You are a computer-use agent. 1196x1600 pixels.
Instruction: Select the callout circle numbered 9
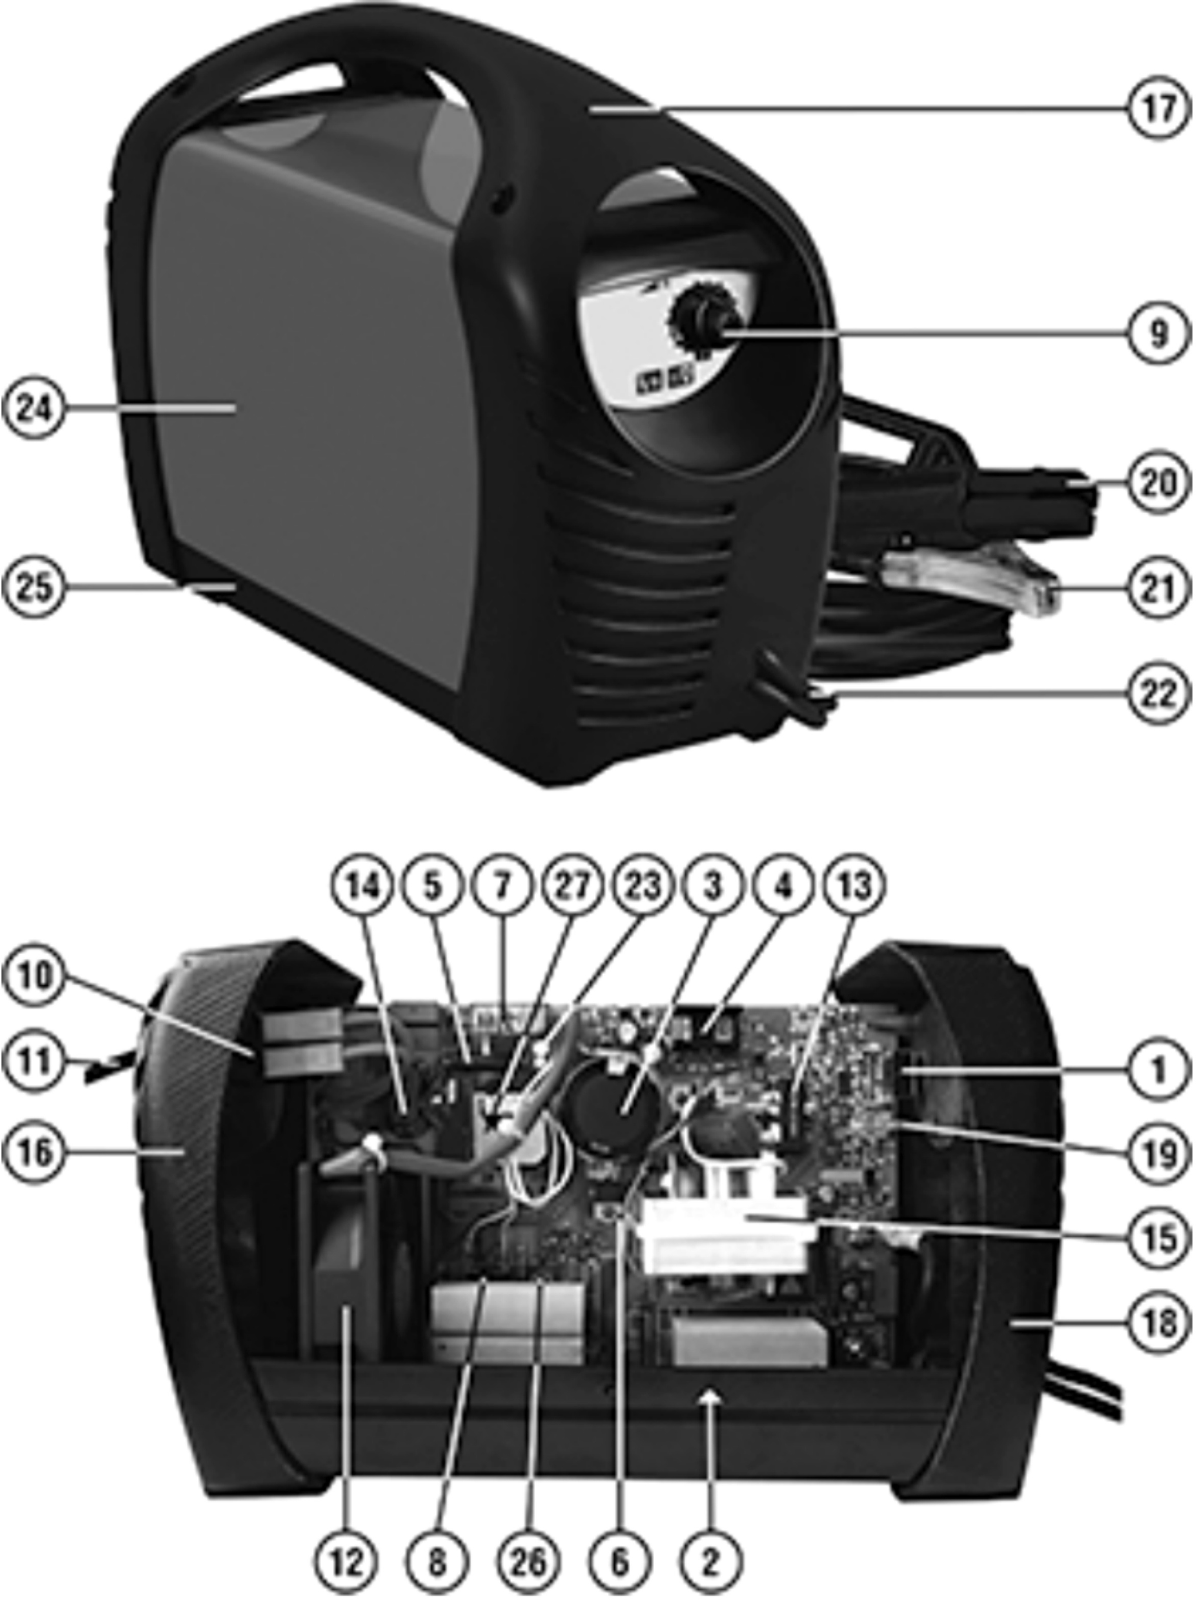coord(1158,334)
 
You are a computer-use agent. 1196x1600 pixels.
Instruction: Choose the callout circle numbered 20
coord(1158,483)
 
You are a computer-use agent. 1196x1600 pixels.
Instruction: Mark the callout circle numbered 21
coord(1158,588)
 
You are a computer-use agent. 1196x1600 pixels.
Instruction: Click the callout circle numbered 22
coord(1158,693)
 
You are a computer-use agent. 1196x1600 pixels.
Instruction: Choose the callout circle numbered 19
coord(1158,1155)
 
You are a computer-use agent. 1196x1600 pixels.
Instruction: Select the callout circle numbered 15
coord(1158,1238)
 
